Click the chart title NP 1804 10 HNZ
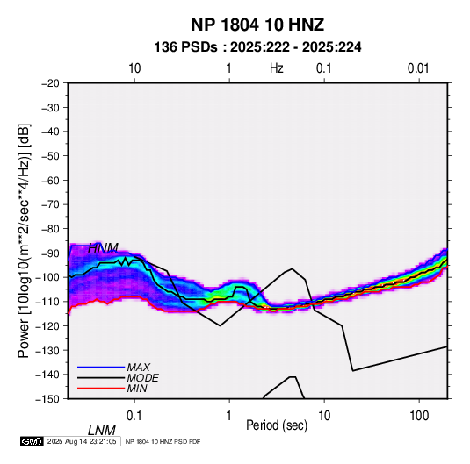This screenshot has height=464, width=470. click(257, 25)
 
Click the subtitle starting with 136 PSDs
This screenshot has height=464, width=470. click(257, 47)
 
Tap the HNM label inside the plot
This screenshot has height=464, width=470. click(103, 248)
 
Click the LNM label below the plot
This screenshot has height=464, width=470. click(101, 431)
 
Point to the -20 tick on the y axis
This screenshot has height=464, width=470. click(50, 83)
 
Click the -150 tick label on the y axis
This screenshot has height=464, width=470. click(47, 399)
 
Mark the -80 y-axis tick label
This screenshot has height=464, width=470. click(50, 229)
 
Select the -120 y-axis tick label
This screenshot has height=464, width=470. click(47, 325)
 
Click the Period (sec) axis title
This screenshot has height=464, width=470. click(277, 425)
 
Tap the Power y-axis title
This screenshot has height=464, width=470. click(24, 240)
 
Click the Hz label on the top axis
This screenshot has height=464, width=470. click(277, 68)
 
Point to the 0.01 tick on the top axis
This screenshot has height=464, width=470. click(418, 68)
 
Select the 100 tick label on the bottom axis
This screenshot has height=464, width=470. click(419, 416)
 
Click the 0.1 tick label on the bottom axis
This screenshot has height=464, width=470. click(134, 416)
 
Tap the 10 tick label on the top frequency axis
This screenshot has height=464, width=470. click(134, 68)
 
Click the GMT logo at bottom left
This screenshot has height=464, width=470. click(32, 441)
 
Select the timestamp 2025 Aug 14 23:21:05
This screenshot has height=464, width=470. click(82, 441)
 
